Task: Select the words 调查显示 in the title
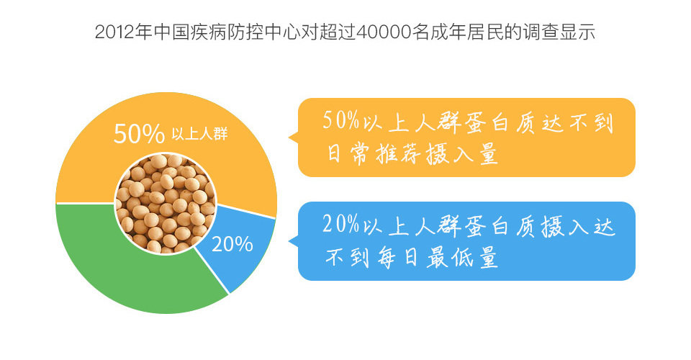click(559, 32)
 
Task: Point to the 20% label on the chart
click(232, 243)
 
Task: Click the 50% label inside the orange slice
click(139, 133)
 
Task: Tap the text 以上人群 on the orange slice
click(199, 134)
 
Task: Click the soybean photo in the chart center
click(166, 203)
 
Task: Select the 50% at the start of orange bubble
click(340, 120)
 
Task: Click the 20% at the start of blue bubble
click(340, 224)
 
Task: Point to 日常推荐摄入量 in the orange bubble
click(412, 155)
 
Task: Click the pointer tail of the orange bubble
click(293, 138)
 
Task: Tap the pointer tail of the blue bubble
click(293, 241)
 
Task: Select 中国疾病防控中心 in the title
click(227, 32)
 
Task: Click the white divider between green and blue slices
click(212, 271)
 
